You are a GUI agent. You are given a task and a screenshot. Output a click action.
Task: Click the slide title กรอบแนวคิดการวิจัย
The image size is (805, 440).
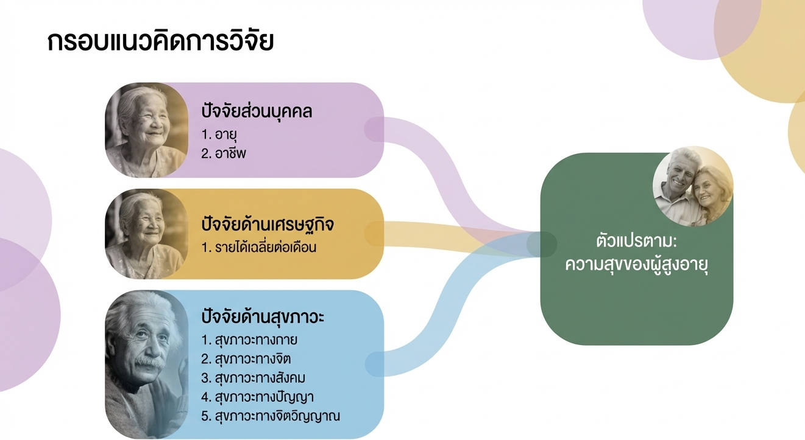point(161,42)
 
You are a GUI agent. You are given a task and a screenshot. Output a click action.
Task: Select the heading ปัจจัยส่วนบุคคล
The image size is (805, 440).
point(257,112)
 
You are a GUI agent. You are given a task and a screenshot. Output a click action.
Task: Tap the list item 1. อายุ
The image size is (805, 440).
point(219,134)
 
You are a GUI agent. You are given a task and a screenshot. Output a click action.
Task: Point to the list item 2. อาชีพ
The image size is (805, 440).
point(224,153)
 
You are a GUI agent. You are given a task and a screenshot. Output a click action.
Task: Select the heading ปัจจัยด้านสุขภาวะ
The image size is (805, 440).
point(263,318)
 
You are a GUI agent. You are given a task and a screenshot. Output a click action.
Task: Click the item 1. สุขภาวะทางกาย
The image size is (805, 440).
point(249,340)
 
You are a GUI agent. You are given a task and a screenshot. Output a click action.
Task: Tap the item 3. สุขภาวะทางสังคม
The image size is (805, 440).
point(253,378)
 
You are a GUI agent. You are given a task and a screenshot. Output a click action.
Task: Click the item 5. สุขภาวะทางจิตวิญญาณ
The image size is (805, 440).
point(271,417)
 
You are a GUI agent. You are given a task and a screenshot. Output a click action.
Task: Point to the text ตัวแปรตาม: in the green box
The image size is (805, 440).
point(637,242)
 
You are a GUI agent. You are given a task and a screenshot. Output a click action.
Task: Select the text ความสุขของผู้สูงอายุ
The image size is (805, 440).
point(637,266)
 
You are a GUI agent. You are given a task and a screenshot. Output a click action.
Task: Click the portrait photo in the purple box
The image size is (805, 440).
point(146,130)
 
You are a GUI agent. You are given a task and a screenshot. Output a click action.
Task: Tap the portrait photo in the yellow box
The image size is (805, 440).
point(146,234)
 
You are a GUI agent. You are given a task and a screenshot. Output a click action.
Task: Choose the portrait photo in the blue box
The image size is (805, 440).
point(146,364)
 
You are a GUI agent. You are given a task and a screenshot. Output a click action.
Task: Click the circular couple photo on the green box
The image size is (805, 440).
point(693,186)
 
